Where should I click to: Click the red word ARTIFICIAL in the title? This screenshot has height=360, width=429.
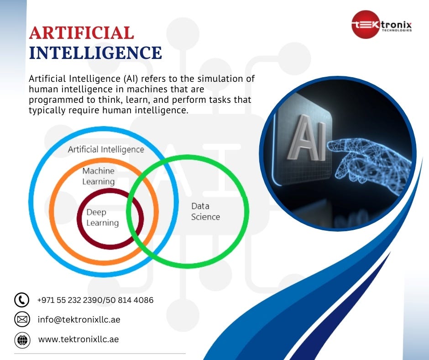tap(81, 33)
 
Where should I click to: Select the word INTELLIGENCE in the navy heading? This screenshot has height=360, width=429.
tap(95, 53)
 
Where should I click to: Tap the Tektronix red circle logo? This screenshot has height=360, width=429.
tap(365, 25)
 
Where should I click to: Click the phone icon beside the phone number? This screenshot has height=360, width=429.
tap(22, 300)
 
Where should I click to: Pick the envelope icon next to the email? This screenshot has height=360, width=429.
tap(22, 320)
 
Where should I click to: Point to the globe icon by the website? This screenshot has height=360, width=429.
tap(22, 339)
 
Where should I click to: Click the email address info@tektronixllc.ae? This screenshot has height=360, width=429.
tap(79, 320)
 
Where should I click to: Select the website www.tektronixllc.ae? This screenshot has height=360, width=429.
tap(78, 339)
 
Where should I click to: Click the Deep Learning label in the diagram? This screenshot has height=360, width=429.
tap(103, 217)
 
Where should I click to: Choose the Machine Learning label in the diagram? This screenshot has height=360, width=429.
tap(99, 176)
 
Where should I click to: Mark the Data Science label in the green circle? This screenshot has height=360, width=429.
tap(205, 212)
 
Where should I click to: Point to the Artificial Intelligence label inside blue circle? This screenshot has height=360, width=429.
tap(106, 149)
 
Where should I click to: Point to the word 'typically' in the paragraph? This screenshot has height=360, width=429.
tap(47, 111)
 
